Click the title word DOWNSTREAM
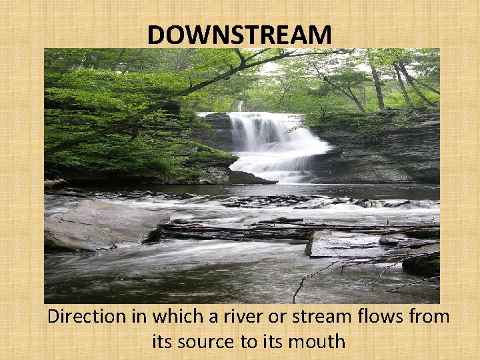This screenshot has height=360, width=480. [x=239, y=35]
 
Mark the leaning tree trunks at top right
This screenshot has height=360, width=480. [x=393, y=83]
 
